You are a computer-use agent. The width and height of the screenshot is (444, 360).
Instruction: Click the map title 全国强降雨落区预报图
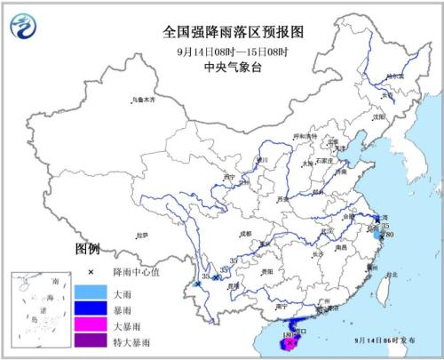(x=234, y=31)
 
